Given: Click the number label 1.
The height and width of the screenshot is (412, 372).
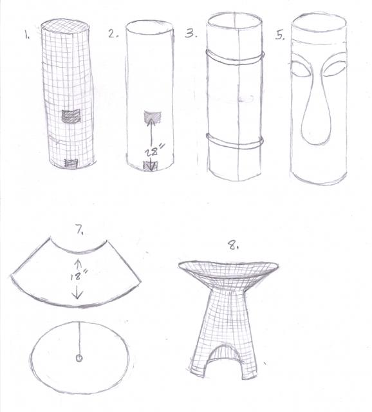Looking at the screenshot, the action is coord(27,34).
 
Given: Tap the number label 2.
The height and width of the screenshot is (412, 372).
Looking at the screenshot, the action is coord(113,34).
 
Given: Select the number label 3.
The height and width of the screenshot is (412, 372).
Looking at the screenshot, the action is coord(191,34).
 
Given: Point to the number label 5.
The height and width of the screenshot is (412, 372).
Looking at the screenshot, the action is coord(280,35).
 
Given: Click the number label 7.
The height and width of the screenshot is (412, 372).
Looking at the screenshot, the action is coord(80,230).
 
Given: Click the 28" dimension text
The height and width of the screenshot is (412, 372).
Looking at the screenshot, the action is coord(154,151).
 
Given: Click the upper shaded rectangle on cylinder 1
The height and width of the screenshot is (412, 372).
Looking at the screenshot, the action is coord(71,116).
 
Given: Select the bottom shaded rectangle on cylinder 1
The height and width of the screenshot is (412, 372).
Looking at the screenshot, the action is coord(71,164).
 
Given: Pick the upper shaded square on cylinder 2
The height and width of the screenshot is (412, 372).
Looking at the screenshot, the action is coord(153,117).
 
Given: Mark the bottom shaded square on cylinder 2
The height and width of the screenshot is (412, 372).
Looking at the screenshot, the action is coord(150,166).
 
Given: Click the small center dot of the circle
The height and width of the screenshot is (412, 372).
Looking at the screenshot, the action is coord(79,358).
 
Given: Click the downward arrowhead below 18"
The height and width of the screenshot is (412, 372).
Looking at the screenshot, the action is coord(78,295).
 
